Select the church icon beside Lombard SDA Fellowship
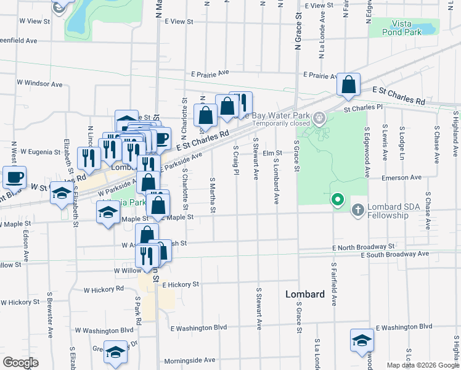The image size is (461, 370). [x=358, y=211]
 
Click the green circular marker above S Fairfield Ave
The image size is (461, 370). [x=337, y=200]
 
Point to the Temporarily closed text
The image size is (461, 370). [x=281, y=123]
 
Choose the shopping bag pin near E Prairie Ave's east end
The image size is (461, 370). [x=349, y=86]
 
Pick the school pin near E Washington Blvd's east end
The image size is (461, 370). [x=362, y=340]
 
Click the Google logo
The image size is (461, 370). [x=20, y=363]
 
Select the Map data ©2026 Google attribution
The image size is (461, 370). [x=422, y=365]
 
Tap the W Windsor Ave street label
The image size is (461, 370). [x=40, y=83]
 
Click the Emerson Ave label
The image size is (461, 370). [x=401, y=178]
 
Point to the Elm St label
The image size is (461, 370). [x=272, y=153]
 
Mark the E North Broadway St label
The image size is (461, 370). [x=363, y=247]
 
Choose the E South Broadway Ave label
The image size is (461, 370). [x=394, y=254]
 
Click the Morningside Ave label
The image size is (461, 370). [x=189, y=360]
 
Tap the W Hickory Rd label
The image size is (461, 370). [x=104, y=289]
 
